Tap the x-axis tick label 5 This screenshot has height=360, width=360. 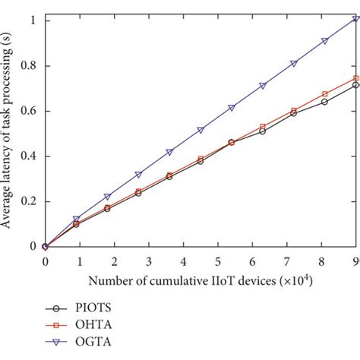point(219,261)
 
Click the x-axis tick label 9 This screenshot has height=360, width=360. point(356,261)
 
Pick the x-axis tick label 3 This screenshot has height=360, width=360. point(149,261)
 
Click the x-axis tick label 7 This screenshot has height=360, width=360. point(287,261)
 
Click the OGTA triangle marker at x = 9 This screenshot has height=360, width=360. point(356,18)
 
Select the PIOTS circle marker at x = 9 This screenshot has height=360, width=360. point(356,85)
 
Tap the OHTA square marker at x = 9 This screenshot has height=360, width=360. point(356,78)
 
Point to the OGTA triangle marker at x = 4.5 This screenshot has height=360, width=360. point(201,130)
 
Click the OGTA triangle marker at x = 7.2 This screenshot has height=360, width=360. point(294,63)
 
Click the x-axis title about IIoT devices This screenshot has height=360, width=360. point(201,282)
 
